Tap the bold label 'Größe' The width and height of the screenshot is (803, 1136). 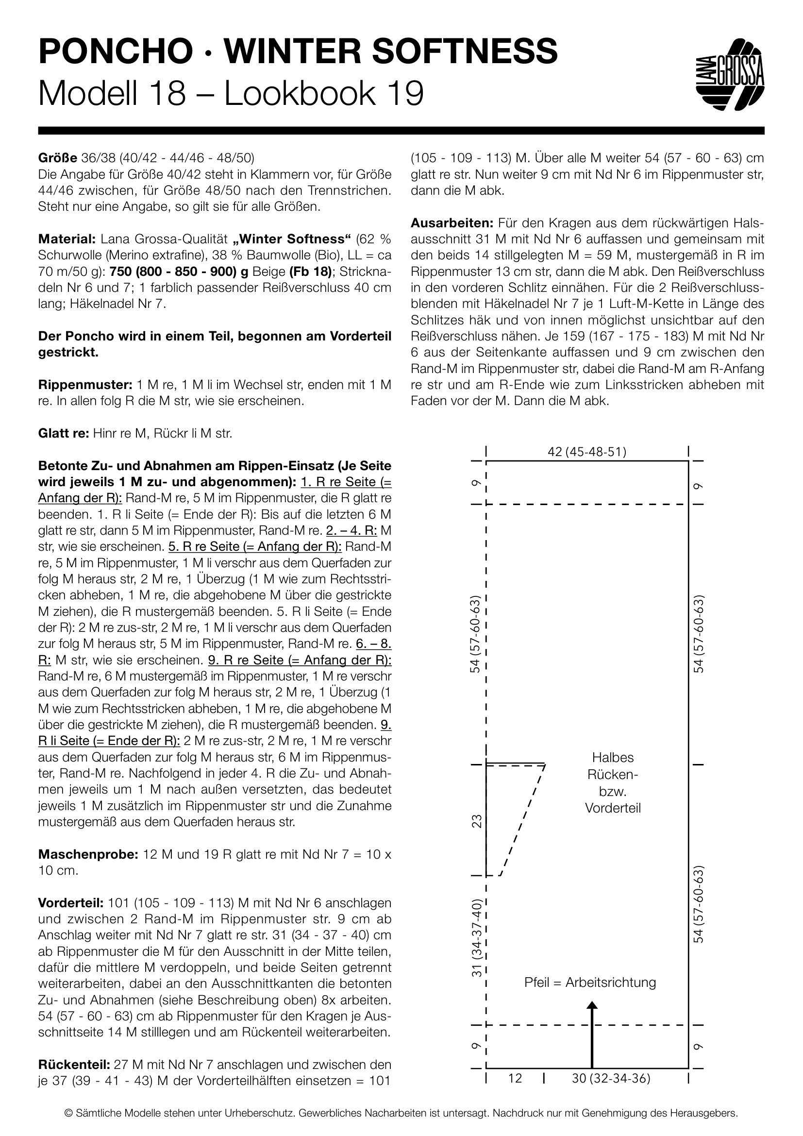click(57, 158)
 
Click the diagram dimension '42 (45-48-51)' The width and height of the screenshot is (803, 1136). click(587, 452)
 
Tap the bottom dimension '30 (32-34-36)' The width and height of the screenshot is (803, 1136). click(611, 1079)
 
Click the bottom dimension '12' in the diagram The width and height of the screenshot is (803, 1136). click(515, 1079)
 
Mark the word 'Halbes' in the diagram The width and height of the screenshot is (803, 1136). click(613, 757)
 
